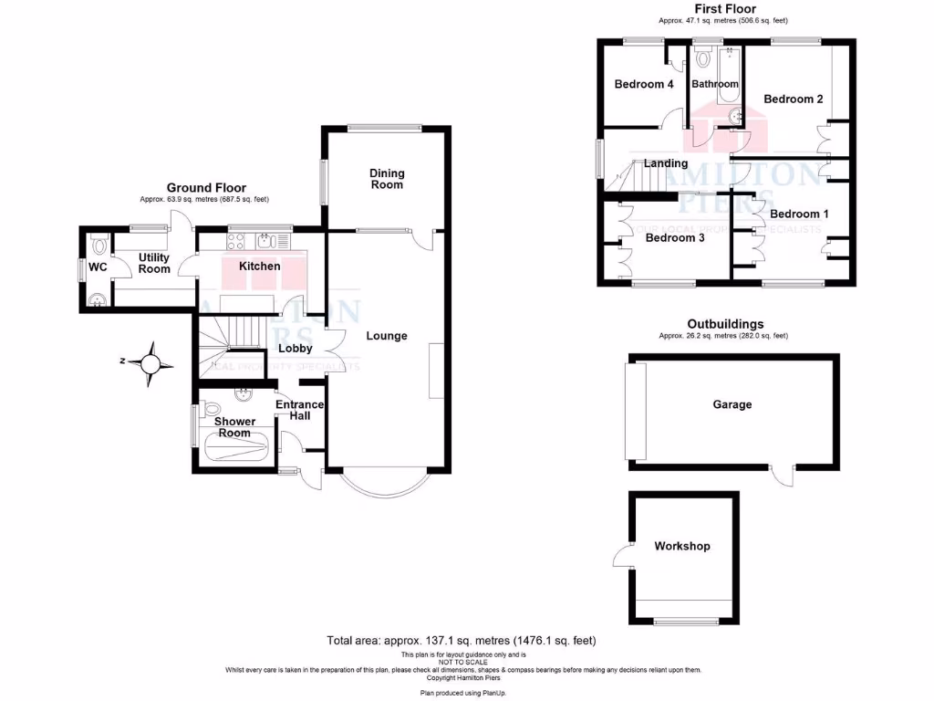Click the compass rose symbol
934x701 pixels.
pyautogui.click(x=151, y=362)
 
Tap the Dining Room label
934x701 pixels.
pyautogui.click(x=387, y=179)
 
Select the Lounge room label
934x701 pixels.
pyautogui.click(x=387, y=336)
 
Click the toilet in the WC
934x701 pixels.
pyautogui.click(x=99, y=243)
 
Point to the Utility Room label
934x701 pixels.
pyautogui.click(x=154, y=264)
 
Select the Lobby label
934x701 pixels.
pyautogui.click(x=296, y=348)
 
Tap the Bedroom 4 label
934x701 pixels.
pyautogui.click(x=644, y=84)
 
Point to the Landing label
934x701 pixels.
pyautogui.click(x=666, y=163)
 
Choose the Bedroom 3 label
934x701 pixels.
pyautogui.click(x=675, y=238)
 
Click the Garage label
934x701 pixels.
pyautogui.click(x=732, y=403)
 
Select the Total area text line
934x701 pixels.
pyautogui.click(x=461, y=641)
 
